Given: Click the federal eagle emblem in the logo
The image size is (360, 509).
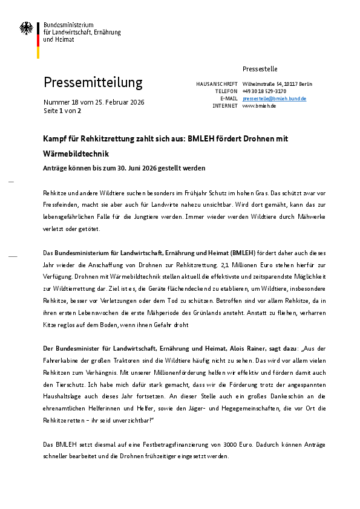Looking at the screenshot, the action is click(x=27, y=29).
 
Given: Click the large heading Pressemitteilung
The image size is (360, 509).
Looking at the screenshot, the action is click(x=93, y=82).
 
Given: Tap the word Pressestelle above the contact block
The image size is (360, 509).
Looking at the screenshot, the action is click(x=260, y=69).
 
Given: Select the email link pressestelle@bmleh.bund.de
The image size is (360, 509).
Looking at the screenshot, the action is click(x=274, y=98).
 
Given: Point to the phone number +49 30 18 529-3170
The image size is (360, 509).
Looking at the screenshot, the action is click(x=264, y=91).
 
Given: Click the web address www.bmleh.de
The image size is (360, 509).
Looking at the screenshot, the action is click(x=259, y=106).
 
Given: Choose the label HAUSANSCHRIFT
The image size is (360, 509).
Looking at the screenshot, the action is click(x=217, y=83).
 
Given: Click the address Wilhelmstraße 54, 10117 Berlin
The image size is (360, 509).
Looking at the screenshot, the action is click(x=277, y=83).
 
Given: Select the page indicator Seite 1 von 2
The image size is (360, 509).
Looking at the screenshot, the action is click(x=62, y=111).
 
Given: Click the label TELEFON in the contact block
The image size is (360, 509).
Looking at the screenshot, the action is click(x=225, y=91).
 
